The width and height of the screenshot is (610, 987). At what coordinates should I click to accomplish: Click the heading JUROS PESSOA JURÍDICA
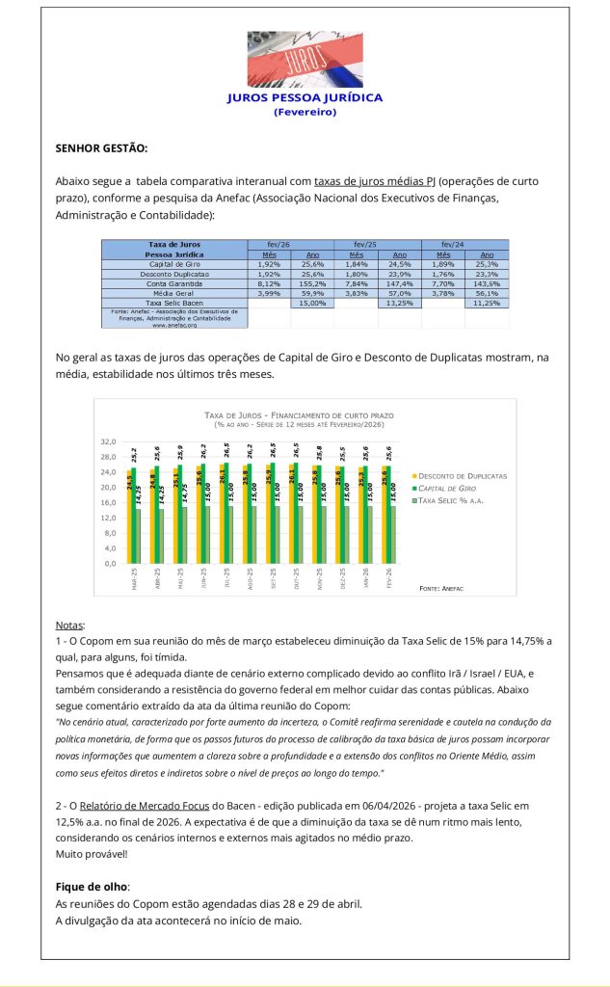tap(305, 97)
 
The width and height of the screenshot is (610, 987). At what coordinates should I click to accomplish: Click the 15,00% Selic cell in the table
tap(310, 303)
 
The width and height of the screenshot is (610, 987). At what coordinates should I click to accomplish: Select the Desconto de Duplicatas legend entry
tap(463, 476)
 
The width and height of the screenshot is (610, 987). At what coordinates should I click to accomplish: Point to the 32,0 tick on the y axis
tap(108, 441)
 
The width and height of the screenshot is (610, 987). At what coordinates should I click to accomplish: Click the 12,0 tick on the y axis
tap(108, 518)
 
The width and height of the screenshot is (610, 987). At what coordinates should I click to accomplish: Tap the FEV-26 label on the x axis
tap(390, 582)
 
